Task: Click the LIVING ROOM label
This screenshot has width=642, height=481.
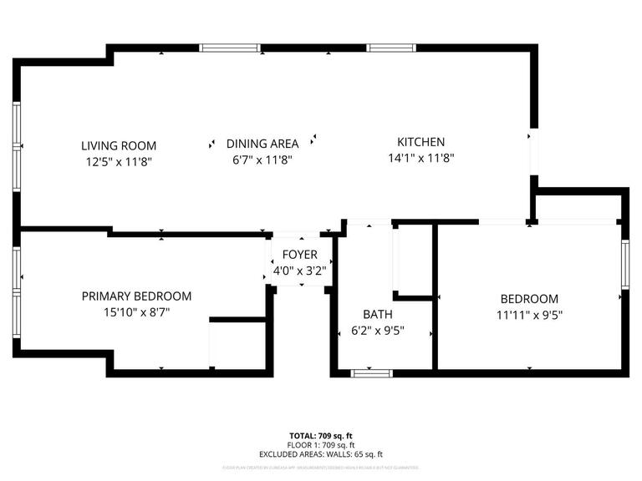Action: click(118, 145)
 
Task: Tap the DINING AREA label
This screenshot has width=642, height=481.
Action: click(262, 144)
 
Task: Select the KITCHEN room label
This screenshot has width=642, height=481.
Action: click(420, 142)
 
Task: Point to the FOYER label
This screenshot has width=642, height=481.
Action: click(298, 255)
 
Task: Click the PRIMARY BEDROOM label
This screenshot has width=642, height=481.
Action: click(136, 296)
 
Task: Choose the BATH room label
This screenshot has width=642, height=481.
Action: click(377, 314)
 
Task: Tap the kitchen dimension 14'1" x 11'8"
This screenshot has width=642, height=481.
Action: click(420, 158)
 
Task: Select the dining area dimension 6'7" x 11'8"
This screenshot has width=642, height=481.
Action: click(262, 159)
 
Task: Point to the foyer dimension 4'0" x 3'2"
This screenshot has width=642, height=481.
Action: click(298, 270)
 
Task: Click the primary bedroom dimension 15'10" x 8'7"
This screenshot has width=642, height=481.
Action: click(136, 311)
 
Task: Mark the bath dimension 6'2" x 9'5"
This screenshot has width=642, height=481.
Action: click(377, 330)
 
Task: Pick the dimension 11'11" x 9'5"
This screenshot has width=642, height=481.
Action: click(528, 315)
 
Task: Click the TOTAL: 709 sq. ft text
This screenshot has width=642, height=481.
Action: click(321, 436)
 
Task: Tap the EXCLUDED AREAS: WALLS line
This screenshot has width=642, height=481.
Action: click(321, 454)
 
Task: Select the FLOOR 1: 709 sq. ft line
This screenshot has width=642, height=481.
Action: click(321, 445)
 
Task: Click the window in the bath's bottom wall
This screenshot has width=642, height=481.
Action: click(371, 372)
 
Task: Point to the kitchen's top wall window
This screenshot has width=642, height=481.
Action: click(391, 48)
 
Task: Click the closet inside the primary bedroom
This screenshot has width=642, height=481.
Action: click(237, 342)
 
